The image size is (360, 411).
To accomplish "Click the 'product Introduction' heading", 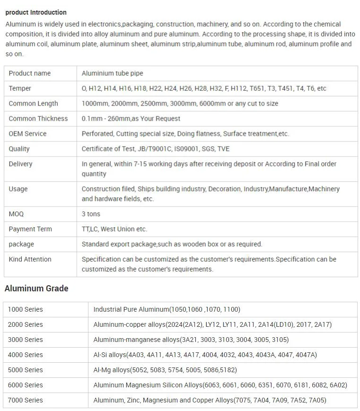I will [x=36, y=12].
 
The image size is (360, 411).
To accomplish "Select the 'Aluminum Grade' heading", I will [x=36, y=289].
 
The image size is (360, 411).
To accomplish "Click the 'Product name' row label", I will [x=29, y=73].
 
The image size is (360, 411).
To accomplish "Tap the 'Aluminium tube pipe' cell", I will [x=112, y=73].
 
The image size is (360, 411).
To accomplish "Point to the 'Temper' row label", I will [x=20, y=88].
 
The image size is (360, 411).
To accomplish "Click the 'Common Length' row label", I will [x=33, y=104].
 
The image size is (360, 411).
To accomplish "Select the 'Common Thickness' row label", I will [x=38, y=119].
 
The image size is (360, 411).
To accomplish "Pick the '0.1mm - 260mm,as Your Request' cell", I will [x=131, y=119].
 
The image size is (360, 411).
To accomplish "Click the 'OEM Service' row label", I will [x=27, y=134].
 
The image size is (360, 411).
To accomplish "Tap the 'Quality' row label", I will [x=19, y=149].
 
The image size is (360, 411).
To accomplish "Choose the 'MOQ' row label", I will [x=16, y=214].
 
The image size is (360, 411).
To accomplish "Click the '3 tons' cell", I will [x=91, y=214].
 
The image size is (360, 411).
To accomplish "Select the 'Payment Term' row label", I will [x=30, y=229].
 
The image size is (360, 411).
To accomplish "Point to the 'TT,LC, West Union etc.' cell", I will [x=114, y=229].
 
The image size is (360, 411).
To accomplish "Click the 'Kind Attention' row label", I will [x=30, y=259].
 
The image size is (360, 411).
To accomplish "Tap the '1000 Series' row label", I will [x=25, y=309].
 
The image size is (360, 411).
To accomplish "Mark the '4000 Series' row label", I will [x=25, y=355].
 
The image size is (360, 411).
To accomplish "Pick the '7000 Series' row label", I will [x=25, y=400].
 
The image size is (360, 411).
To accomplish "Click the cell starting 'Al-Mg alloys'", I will [x=165, y=370].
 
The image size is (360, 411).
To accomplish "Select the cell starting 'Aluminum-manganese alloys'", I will [x=191, y=340].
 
